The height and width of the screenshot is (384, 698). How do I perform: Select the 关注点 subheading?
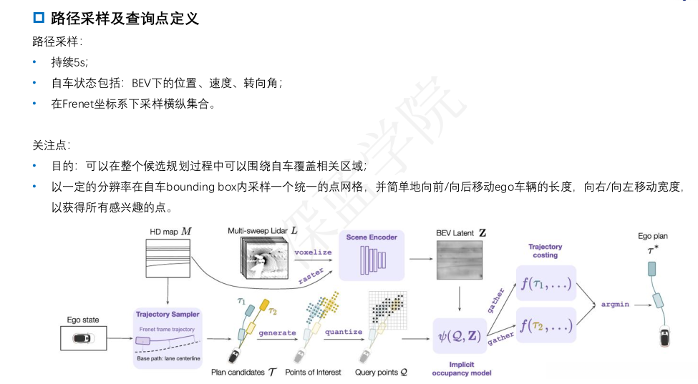tap(52, 144)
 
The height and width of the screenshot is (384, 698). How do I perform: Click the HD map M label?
tap(170, 231)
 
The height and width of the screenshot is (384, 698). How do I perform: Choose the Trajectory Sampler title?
tap(167, 314)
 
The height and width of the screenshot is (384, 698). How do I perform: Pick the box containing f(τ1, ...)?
tap(546, 284)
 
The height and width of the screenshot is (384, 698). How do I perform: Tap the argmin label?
tap(615, 304)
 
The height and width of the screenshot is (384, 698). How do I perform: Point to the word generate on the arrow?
tap(277, 332)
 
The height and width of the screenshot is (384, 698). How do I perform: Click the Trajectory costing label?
tap(545, 250)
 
